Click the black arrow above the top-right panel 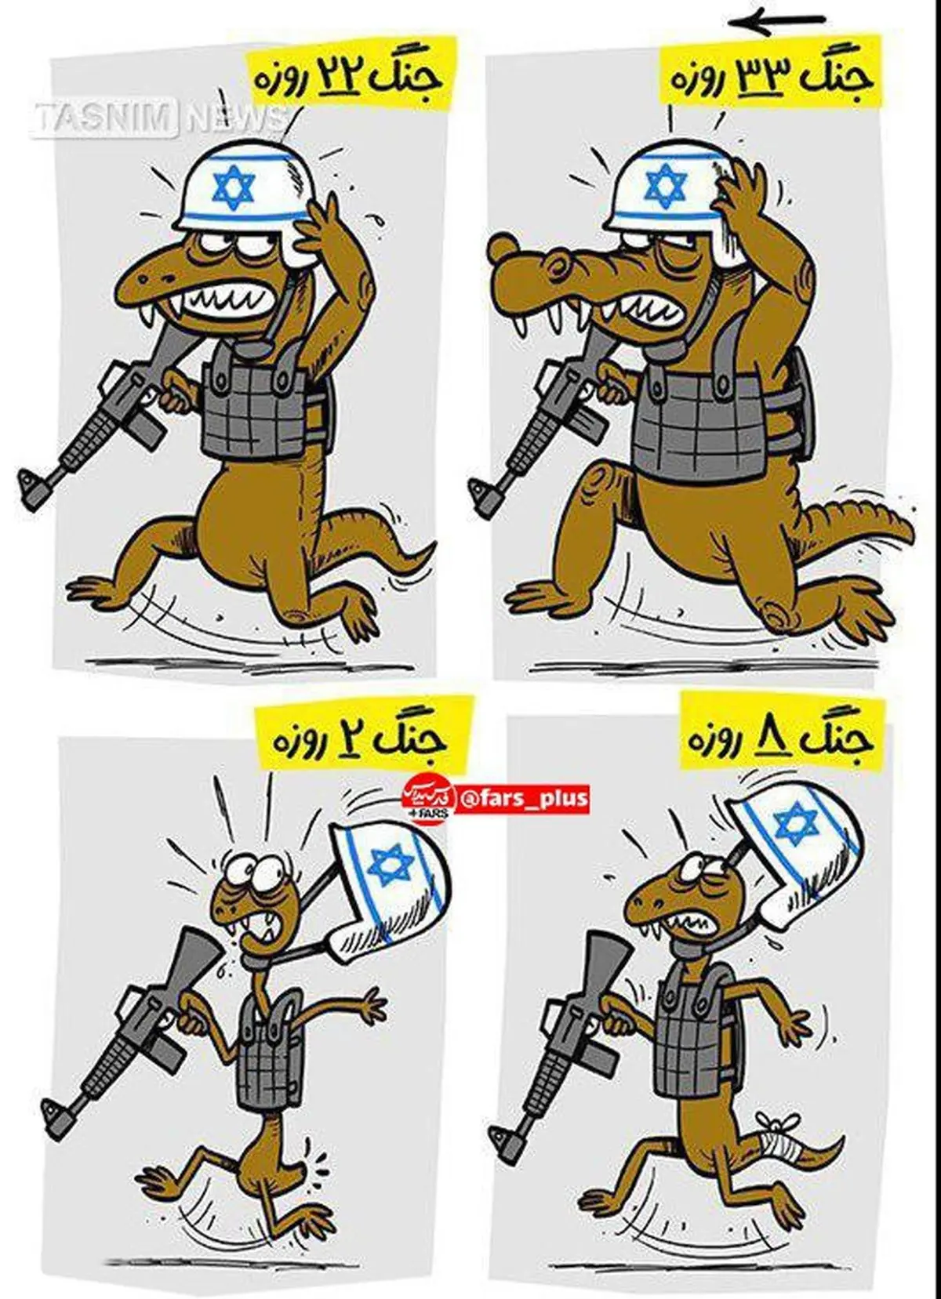[776, 22]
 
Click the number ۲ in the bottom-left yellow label [340, 739]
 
